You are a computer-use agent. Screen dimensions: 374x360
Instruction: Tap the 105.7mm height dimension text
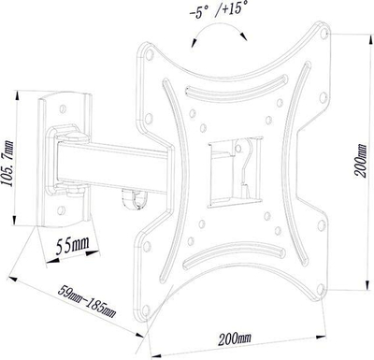(9, 164)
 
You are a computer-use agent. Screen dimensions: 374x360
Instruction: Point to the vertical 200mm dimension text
(361, 161)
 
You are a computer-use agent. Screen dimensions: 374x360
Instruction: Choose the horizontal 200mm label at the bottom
(235, 338)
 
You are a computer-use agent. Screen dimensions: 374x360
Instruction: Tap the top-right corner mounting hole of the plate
(324, 33)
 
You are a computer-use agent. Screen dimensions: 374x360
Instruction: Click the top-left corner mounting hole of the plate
(150, 54)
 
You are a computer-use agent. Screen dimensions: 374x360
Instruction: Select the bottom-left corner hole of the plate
(145, 310)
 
